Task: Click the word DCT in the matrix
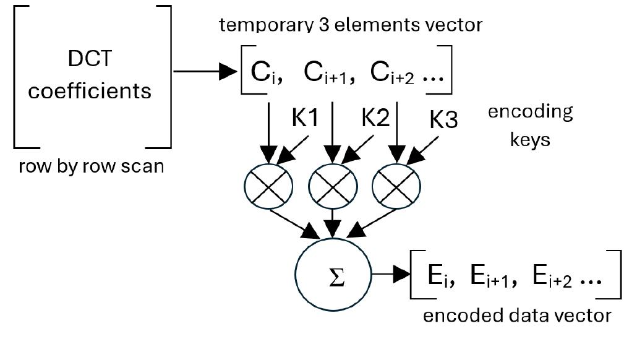(90, 60)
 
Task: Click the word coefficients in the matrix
(90, 91)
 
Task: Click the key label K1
(305, 117)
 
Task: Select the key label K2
(375, 117)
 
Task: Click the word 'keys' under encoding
(530, 139)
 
